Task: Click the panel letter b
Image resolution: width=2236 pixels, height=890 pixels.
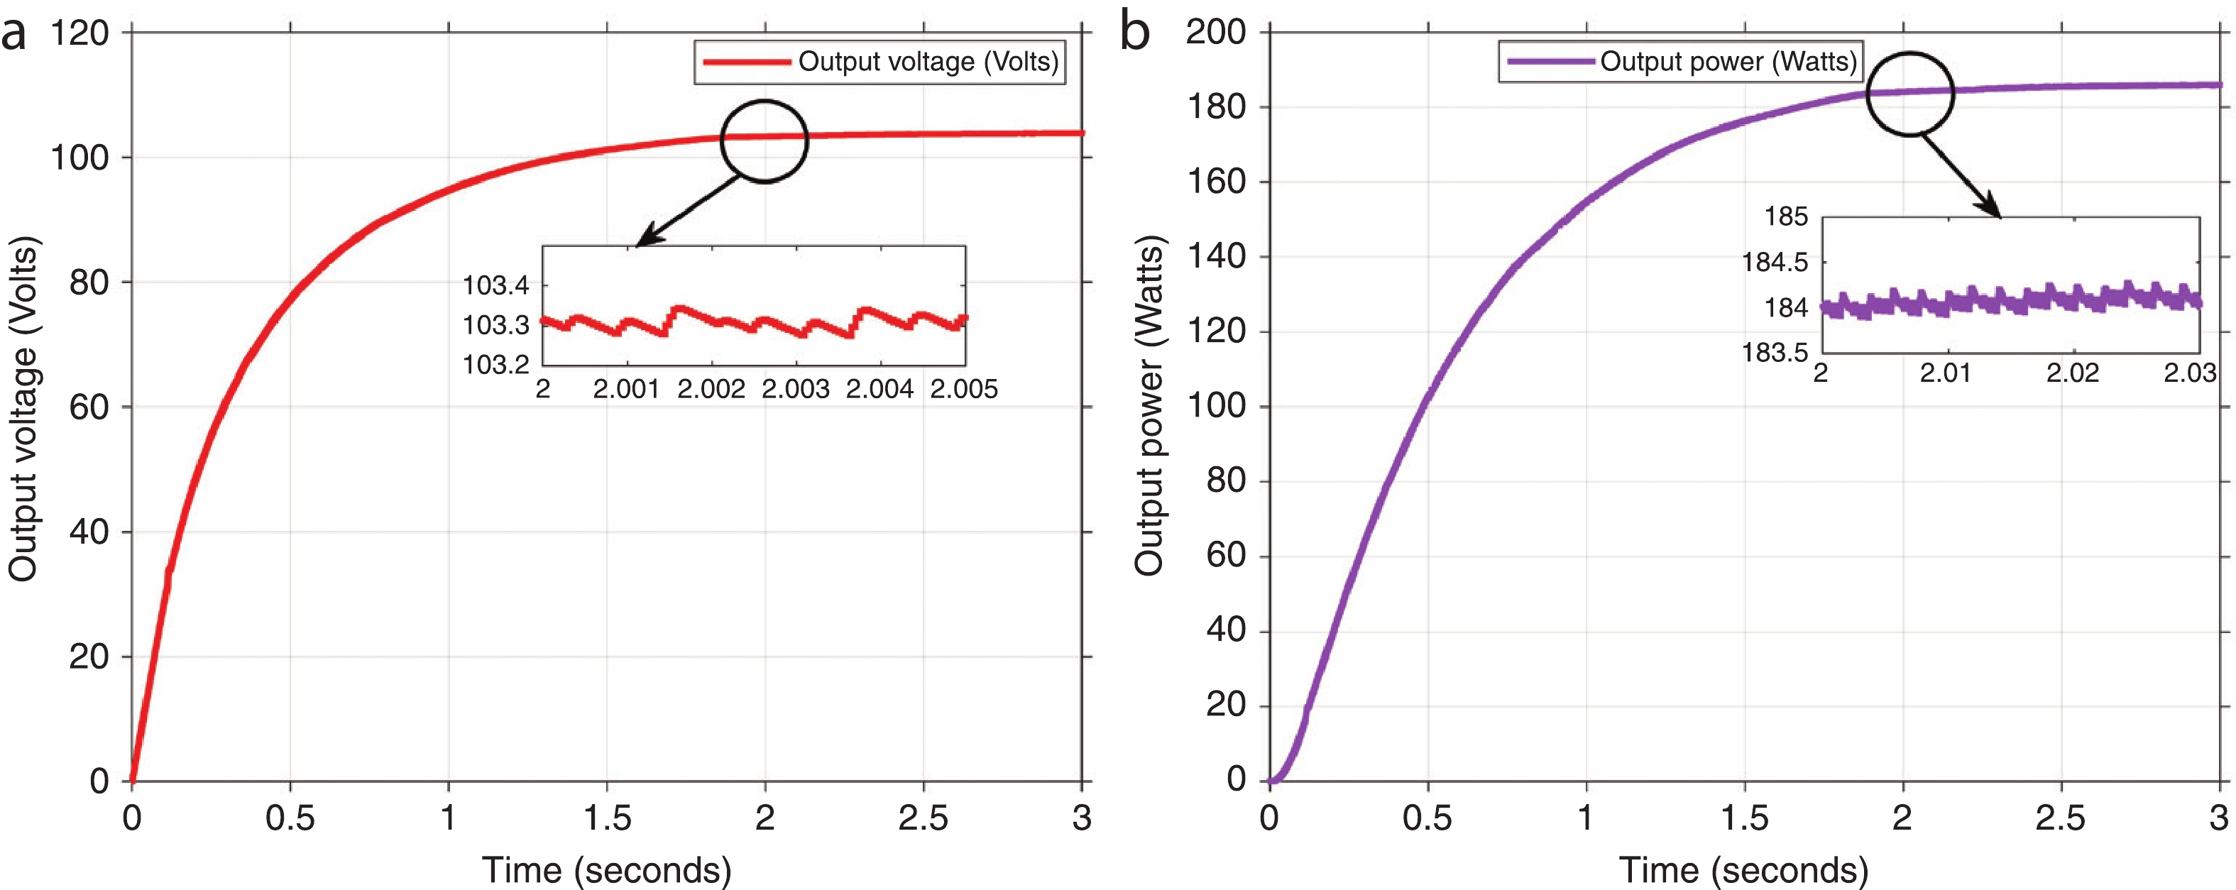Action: coord(1134,32)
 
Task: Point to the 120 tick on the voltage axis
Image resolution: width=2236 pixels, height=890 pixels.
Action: coord(80,34)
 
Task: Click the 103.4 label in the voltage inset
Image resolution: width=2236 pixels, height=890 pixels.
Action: coord(495,285)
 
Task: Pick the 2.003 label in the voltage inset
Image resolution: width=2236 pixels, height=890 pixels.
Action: coord(795,389)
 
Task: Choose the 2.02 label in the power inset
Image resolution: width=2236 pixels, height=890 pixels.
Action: coord(2072,373)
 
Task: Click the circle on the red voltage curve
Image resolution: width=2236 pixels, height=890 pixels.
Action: coord(764,141)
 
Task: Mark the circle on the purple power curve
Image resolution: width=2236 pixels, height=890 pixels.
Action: coord(1909,93)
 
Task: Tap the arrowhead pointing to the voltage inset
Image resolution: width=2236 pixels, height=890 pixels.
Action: coord(647,238)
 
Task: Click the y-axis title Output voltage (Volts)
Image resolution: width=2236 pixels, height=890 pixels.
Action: coord(23,408)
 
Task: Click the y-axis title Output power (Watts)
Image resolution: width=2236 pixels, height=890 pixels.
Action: coord(1149,405)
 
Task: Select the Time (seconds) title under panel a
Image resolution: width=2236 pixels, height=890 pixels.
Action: coord(607,869)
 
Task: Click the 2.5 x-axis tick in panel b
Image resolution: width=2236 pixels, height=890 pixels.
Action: coord(2060,818)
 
